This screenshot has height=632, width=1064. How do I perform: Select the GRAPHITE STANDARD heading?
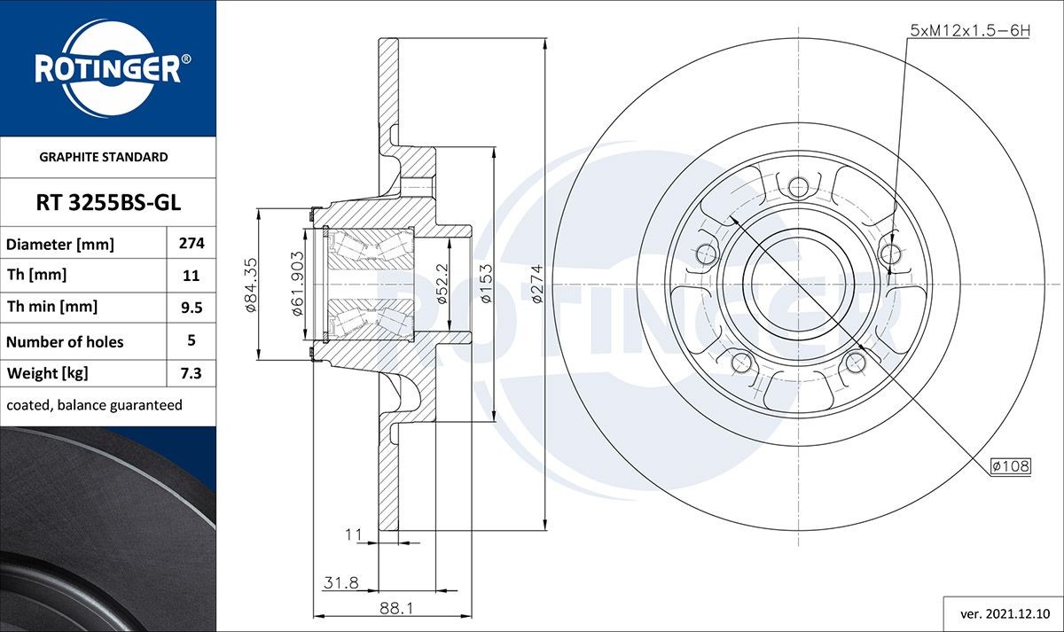pyautogui.click(x=104, y=157)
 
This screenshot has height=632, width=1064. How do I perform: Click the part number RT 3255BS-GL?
pyautogui.click(x=108, y=203)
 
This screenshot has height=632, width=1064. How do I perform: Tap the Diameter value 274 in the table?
pyautogui.click(x=192, y=243)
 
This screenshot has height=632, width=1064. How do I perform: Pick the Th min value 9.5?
pyautogui.click(x=192, y=308)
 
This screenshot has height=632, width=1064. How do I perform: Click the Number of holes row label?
pyautogui.click(x=65, y=342)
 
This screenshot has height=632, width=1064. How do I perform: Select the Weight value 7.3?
pyautogui.click(x=191, y=373)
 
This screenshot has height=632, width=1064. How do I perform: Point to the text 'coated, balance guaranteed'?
pyautogui.click(x=95, y=405)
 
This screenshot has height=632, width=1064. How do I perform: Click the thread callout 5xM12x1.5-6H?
pyautogui.click(x=970, y=31)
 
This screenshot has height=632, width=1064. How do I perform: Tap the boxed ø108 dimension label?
pyautogui.click(x=1010, y=466)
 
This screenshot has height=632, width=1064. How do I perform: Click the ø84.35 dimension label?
pyautogui.click(x=250, y=285)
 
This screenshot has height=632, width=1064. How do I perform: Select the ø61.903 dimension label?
pyautogui.click(x=297, y=284)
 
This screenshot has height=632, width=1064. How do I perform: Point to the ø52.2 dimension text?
pyautogui.click(x=442, y=284)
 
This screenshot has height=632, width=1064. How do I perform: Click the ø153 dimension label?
pyautogui.click(x=487, y=284)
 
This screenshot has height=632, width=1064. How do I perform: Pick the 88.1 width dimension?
pyautogui.click(x=396, y=608)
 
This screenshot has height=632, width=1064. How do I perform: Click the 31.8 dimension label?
pyautogui.click(x=341, y=582)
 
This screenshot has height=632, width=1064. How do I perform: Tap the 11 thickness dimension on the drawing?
pyautogui.click(x=354, y=534)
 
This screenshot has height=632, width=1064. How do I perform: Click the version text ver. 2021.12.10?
pyautogui.click(x=1005, y=614)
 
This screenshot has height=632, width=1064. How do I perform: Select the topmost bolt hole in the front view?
pyautogui.click(x=799, y=187)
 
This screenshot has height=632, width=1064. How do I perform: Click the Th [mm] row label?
pyautogui.click(x=36, y=275)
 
